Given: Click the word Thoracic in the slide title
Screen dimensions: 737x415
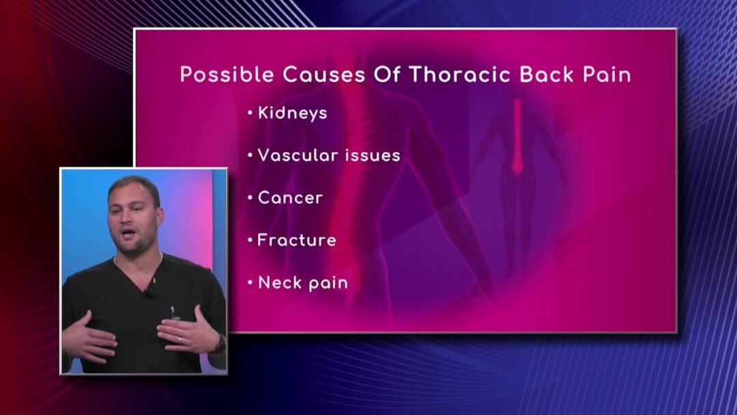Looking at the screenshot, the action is coord(460,74).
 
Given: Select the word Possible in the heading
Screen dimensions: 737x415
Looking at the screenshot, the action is coord(227,74).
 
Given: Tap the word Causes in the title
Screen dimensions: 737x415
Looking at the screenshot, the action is coord(324,74).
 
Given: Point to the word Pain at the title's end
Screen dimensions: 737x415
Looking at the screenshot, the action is coord(607,74).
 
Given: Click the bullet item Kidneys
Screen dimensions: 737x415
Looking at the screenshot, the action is coord(292,113).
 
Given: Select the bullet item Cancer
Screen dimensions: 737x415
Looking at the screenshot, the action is coord(290,198).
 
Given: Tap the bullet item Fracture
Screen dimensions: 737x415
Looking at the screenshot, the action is coord(297,240).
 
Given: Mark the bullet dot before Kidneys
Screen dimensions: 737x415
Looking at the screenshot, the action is coord(250,113).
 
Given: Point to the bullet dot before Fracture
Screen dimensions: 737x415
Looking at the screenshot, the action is coord(250,240).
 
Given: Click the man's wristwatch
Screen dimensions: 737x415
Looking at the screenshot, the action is coord(220,343).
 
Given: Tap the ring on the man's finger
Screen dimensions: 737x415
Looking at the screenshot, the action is coord(179,339).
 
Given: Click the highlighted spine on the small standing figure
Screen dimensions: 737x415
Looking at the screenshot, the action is coord(517,137).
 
